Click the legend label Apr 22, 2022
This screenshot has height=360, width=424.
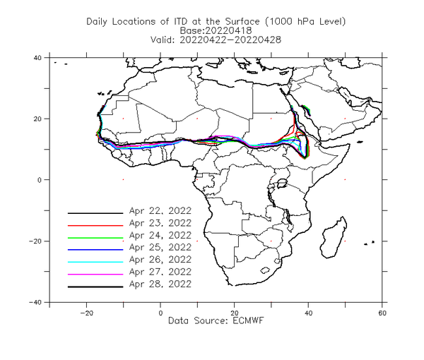click(160, 210)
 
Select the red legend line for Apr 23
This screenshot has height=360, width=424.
click(95, 225)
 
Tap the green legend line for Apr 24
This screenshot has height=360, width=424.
click(95, 238)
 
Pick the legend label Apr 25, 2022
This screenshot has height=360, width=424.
click(160, 247)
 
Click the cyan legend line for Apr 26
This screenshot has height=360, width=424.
click(95, 262)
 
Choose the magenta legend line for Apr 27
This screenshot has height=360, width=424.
click(95, 275)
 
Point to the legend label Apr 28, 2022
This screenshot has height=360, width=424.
click(160, 284)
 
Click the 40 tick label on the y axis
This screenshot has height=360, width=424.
click(37, 57)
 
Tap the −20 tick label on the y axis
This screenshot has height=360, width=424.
click(35, 241)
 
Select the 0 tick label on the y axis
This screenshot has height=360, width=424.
click(40, 180)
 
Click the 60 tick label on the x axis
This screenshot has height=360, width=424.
click(382, 313)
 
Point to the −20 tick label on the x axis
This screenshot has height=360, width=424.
click(86, 313)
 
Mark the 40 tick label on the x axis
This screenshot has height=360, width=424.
click(308, 313)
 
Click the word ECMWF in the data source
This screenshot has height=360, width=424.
click(248, 320)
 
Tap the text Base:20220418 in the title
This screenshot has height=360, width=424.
click(216, 30)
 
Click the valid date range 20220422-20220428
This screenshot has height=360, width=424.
click(230, 40)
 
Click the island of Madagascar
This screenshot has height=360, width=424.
click(333, 238)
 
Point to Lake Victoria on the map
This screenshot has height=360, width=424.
click(282, 183)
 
